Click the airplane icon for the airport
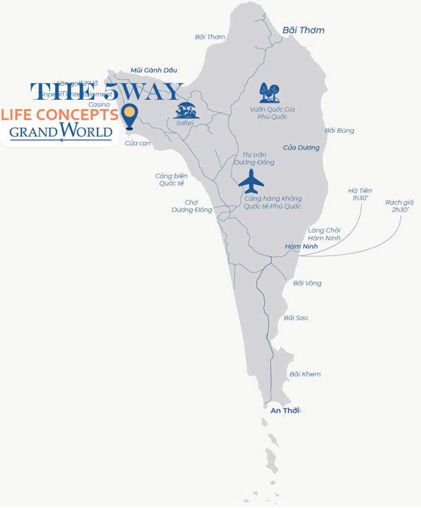251,181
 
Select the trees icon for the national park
270,93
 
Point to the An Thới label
285,410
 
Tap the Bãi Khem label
305,374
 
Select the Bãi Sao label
296,318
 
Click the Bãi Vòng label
307,283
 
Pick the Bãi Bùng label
339,130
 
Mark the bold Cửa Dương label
301,147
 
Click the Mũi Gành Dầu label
154,70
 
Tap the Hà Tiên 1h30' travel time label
360,194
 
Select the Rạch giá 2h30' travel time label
400,206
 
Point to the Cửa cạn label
138,143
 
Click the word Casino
99,104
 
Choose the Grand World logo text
61,131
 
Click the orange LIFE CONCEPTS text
60,115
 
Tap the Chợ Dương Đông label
192,206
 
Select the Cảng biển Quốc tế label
171,180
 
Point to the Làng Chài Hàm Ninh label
324,234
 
